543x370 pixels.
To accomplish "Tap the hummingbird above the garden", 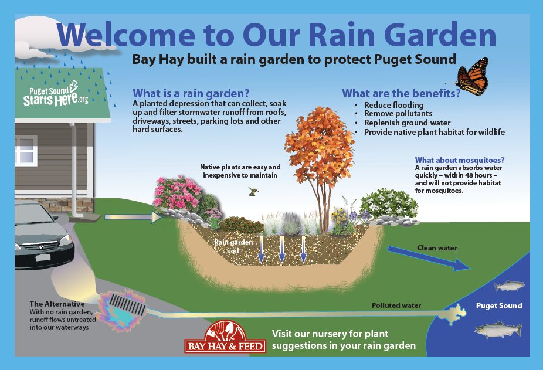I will pyautogui.click(x=254, y=190).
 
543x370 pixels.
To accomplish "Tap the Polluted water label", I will pyautogui.click(x=396, y=305).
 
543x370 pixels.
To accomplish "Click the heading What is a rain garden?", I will pyautogui.click(x=191, y=93).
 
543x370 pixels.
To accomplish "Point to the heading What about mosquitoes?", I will pyautogui.click(x=460, y=160).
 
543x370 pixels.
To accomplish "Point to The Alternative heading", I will pyautogui.click(x=57, y=304).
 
